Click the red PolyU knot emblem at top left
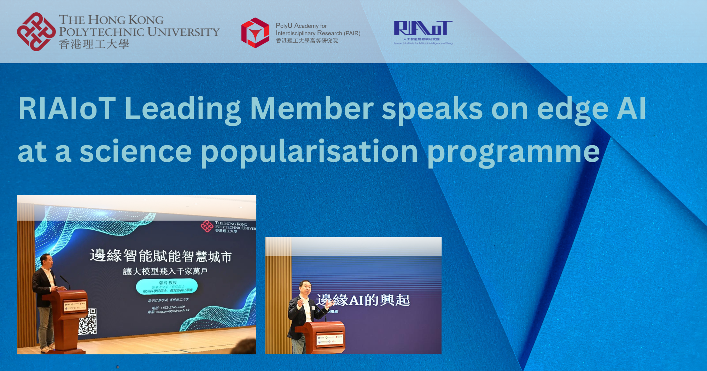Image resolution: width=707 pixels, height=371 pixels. tap(36, 32)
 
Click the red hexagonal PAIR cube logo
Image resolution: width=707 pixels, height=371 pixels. tap(255, 33)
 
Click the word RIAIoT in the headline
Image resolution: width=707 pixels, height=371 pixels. tap(67, 109)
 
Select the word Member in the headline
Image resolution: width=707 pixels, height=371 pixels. tap(311, 109)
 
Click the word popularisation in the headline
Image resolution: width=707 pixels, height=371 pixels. tap(309, 152)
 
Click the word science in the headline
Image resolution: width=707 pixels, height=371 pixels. tap(136, 152)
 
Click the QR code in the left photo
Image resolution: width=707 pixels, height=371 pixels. tap(87, 322)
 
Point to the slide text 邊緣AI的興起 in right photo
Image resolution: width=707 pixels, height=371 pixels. tap(363, 300)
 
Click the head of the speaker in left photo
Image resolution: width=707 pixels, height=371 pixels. tap(47, 261)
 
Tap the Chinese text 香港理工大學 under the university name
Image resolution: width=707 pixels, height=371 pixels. tap(94, 44)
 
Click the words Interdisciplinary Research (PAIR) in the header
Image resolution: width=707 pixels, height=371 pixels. tap(318, 33)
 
